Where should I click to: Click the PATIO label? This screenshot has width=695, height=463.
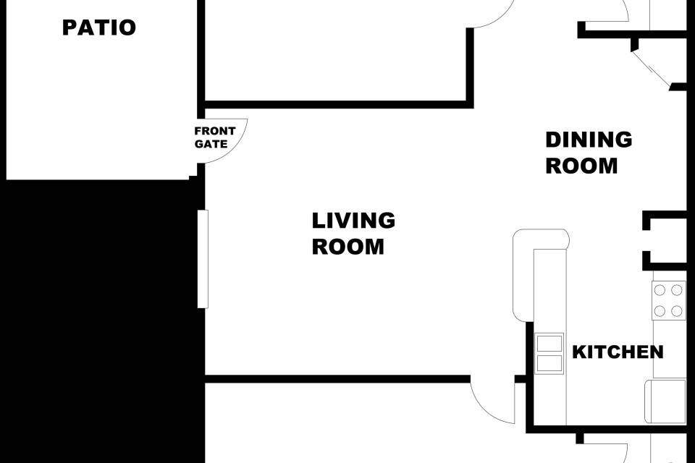[99, 27]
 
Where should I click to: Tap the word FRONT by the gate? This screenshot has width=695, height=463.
[215, 131]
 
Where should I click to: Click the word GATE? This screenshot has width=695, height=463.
[211, 144]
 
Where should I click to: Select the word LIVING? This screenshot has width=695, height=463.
[353, 221]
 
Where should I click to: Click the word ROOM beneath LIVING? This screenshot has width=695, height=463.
[348, 247]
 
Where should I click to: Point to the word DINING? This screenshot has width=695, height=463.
[589, 140]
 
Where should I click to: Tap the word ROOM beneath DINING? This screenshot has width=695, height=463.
[581, 166]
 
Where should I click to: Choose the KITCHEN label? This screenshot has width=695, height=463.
[618, 352]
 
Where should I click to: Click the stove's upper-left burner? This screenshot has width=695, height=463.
[660, 290]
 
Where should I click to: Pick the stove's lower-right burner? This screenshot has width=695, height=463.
[676, 311]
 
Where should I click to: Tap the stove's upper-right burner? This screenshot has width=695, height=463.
[676, 290]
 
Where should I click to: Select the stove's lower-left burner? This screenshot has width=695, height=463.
[660, 311]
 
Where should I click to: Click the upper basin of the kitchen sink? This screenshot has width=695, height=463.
[549, 344]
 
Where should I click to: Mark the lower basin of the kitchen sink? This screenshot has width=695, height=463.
[549, 363]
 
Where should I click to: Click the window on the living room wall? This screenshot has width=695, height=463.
[203, 259]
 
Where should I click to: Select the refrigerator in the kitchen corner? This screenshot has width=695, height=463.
[665, 402]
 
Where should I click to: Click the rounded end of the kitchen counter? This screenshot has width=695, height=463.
[542, 238]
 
